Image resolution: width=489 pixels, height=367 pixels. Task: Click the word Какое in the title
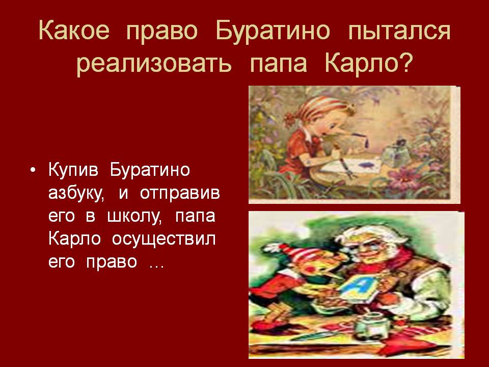point(74,31)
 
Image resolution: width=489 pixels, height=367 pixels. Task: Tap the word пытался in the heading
point(399,32)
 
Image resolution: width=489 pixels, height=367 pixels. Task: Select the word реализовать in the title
point(154,63)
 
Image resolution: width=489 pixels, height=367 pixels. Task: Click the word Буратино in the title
point(273,32)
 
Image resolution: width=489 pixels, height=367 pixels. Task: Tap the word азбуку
point(76,194)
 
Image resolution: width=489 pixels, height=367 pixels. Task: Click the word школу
point(134,217)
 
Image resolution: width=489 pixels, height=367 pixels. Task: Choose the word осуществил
point(164,240)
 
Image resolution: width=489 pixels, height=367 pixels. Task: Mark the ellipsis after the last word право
point(156,267)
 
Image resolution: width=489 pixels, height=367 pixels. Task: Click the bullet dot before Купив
point(33,170)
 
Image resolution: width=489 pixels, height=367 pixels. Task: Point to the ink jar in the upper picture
point(394,154)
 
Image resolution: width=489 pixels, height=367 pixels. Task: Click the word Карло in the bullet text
point(74,240)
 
